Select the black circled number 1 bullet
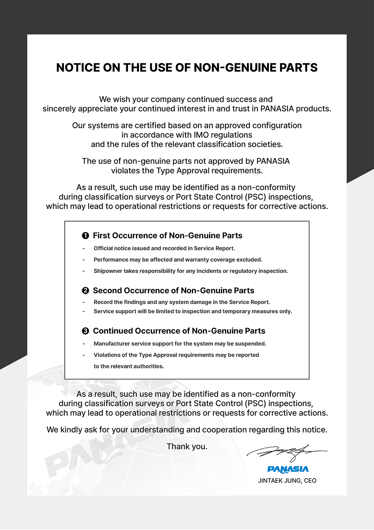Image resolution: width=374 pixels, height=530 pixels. click(x=85, y=235)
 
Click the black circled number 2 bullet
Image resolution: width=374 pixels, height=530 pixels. click(x=85, y=291)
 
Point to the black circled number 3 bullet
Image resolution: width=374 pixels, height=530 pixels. click(x=85, y=331)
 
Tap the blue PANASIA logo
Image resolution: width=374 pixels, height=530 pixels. click(x=288, y=469)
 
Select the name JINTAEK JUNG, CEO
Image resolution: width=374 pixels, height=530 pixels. click(x=287, y=480)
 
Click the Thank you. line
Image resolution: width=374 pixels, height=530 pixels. click(x=187, y=446)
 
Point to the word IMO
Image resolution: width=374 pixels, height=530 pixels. click(x=201, y=135)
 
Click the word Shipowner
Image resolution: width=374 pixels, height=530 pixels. click(x=108, y=271)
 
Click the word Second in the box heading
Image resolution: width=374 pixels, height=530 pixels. click(x=107, y=291)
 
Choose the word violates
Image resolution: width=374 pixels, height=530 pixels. click(x=125, y=171)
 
